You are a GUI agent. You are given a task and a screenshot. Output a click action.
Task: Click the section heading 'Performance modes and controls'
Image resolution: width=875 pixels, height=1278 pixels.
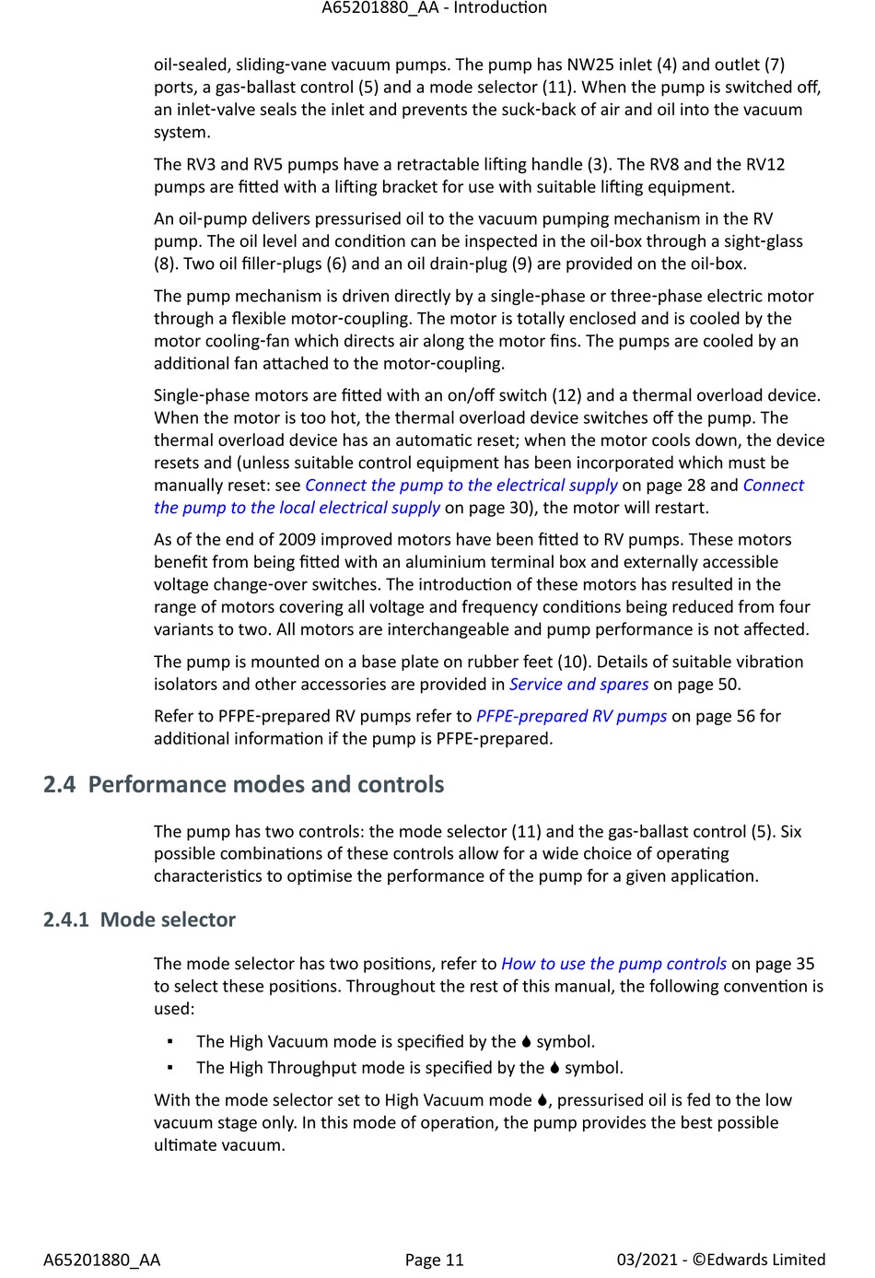tap(266, 784)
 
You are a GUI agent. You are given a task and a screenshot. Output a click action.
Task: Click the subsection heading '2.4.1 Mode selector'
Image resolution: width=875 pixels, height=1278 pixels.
tap(139, 920)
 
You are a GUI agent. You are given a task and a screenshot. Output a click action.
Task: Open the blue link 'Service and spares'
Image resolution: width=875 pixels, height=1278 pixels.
tap(578, 684)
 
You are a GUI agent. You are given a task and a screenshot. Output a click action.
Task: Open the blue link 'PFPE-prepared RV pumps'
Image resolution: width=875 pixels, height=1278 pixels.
tap(571, 716)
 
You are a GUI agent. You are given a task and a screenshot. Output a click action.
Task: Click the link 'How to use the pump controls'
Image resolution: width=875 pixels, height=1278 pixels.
tap(613, 964)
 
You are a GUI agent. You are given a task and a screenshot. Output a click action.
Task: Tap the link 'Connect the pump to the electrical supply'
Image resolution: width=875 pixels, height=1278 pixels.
tap(461, 486)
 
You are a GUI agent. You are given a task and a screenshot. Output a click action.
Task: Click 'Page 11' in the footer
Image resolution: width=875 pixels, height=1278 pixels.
tap(434, 1260)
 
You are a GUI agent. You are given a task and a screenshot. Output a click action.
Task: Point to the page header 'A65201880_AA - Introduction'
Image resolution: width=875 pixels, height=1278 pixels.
tap(434, 8)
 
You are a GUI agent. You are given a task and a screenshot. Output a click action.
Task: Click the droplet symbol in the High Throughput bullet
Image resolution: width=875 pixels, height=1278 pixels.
tap(554, 1068)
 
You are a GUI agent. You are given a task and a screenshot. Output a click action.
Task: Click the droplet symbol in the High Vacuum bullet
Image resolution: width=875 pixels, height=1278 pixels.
tap(526, 1042)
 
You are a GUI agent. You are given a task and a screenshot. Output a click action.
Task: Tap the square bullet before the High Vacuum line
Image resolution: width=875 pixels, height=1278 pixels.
tap(170, 1042)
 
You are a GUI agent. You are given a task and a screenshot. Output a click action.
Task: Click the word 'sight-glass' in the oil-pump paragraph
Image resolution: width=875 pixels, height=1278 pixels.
tap(760, 241)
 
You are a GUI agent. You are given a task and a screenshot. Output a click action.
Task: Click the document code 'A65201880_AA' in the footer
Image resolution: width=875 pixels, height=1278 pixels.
tap(101, 1260)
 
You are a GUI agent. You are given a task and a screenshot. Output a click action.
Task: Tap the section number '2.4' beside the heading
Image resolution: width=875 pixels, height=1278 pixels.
tap(59, 784)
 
